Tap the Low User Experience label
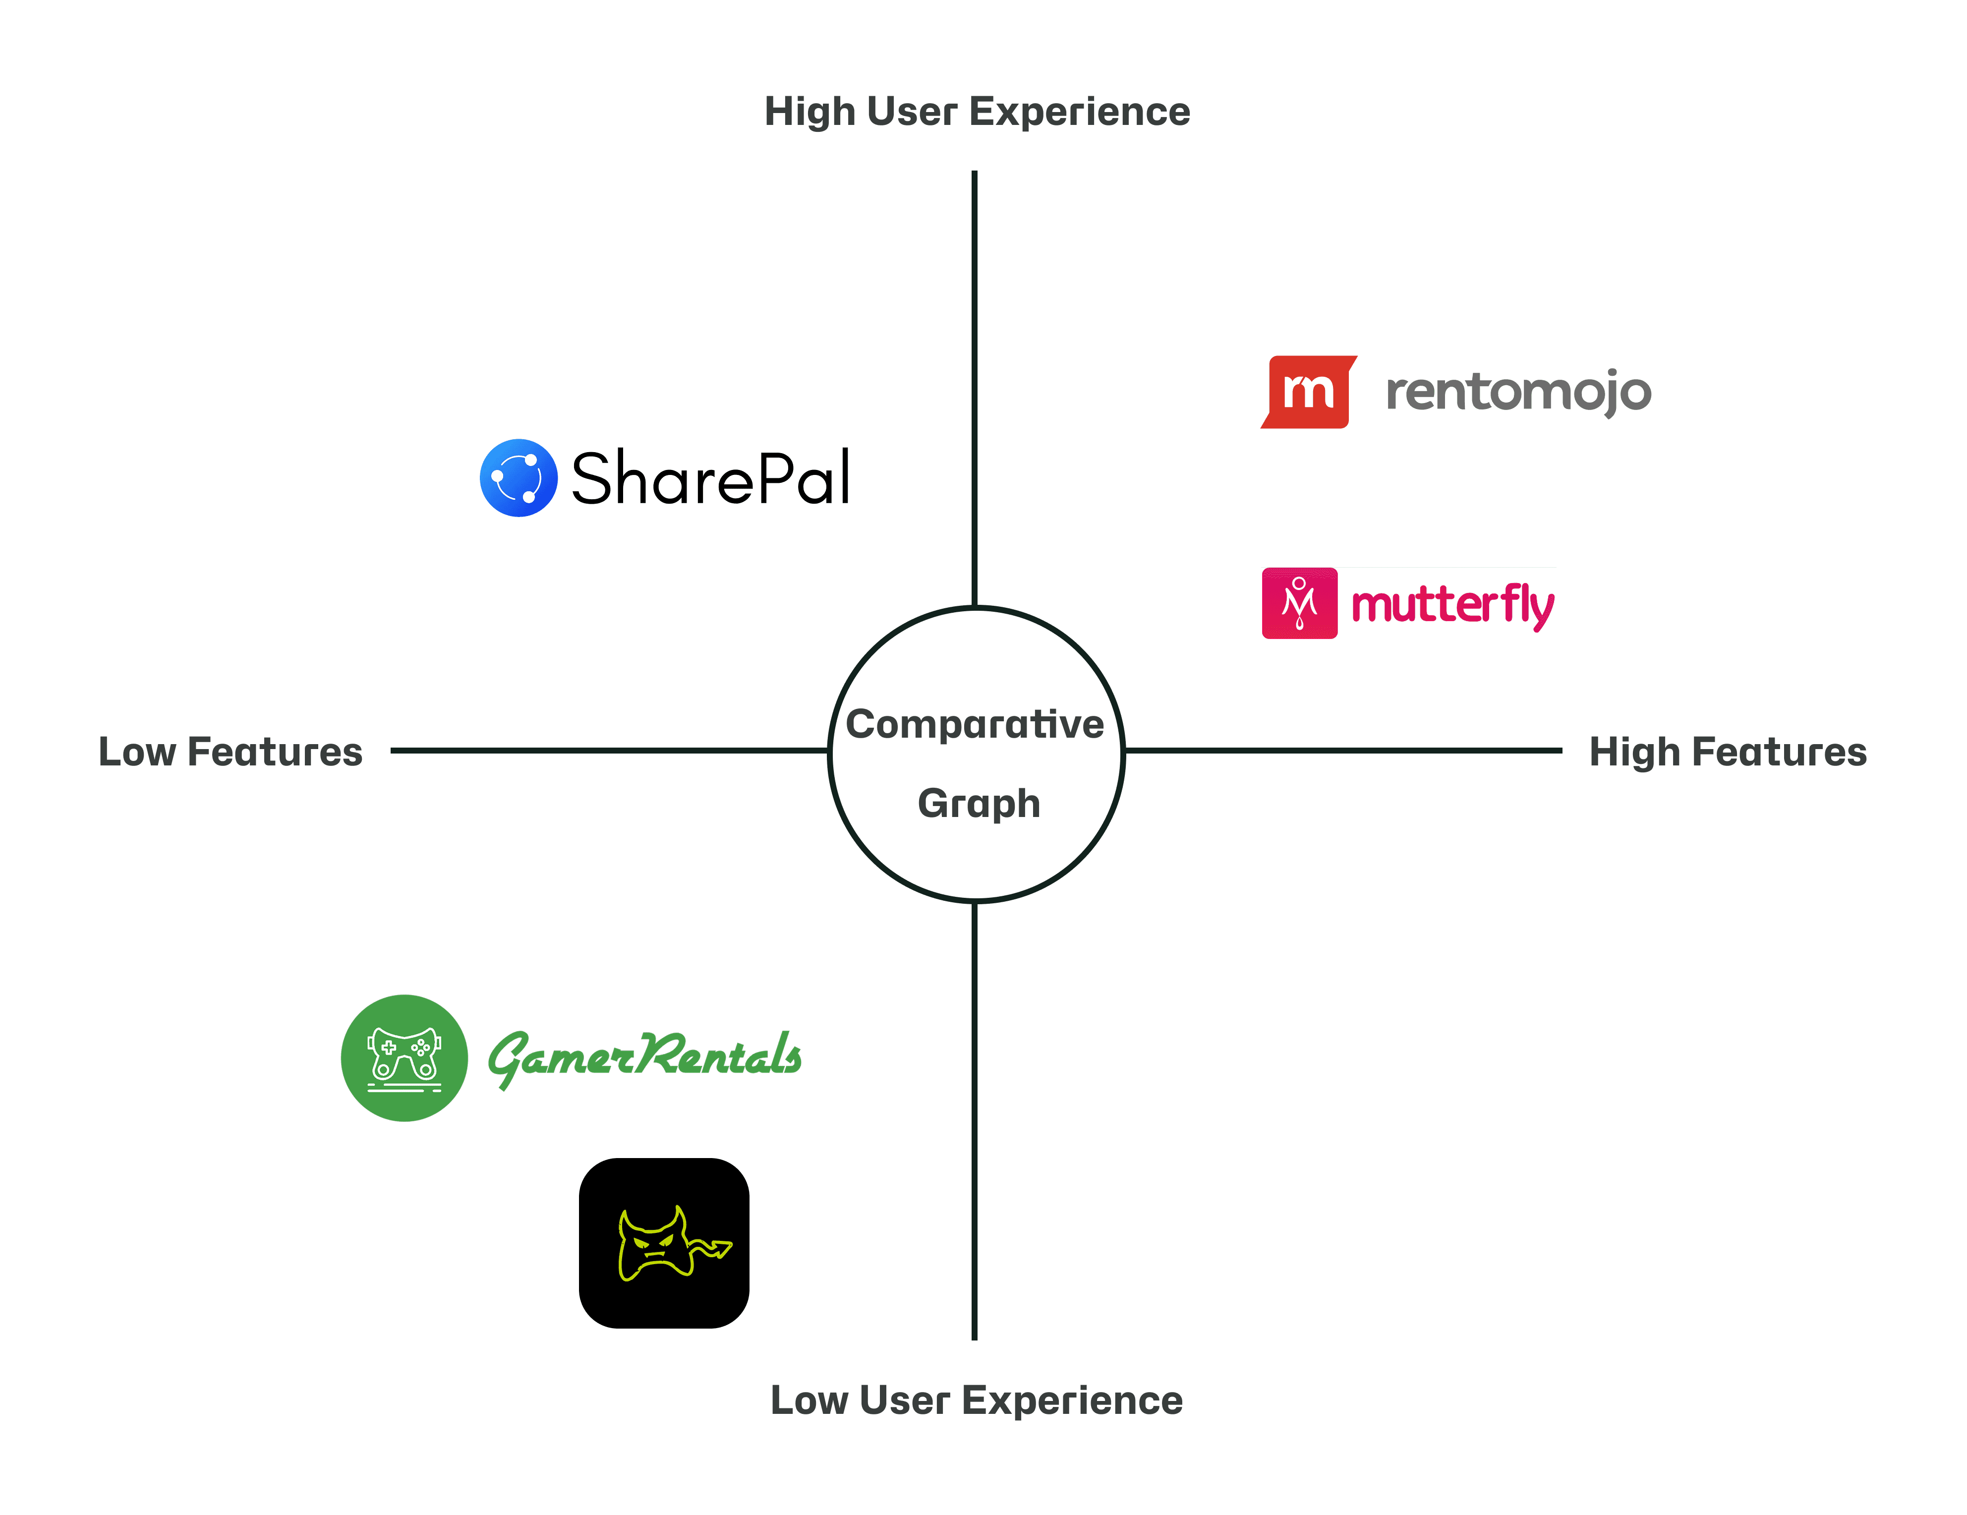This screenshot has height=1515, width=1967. pyautogui.click(x=976, y=1400)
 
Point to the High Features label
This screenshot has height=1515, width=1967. pyautogui.click(x=1728, y=752)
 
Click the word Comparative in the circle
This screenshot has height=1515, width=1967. pyautogui.click(x=975, y=724)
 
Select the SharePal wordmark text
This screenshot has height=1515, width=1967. pyautogui.click(x=710, y=478)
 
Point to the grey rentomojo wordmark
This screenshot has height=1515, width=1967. pyautogui.click(x=1518, y=392)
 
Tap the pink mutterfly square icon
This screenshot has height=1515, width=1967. pyautogui.click(x=1300, y=603)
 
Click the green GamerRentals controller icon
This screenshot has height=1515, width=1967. pyautogui.click(x=405, y=1058)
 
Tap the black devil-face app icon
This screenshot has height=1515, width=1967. pyautogui.click(x=664, y=1243)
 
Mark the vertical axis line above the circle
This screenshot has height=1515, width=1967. pyautogui.click(x=975, y=387)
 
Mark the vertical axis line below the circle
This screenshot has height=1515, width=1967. pyautogui.click(x=975, y=1121)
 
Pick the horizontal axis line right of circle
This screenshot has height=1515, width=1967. pyautogui.click(x=1342, y=750)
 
